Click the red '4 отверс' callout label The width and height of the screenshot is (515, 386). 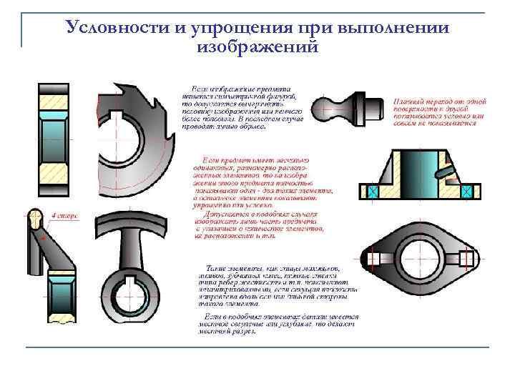[63, 214]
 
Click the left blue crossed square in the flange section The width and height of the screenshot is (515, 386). [373, 191]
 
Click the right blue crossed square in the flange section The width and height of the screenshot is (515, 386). [468, 191]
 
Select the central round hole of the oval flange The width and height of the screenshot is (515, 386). [421, 257]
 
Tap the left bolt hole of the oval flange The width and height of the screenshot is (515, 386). [374, 257]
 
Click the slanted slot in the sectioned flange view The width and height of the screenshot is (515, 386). [446, 171]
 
